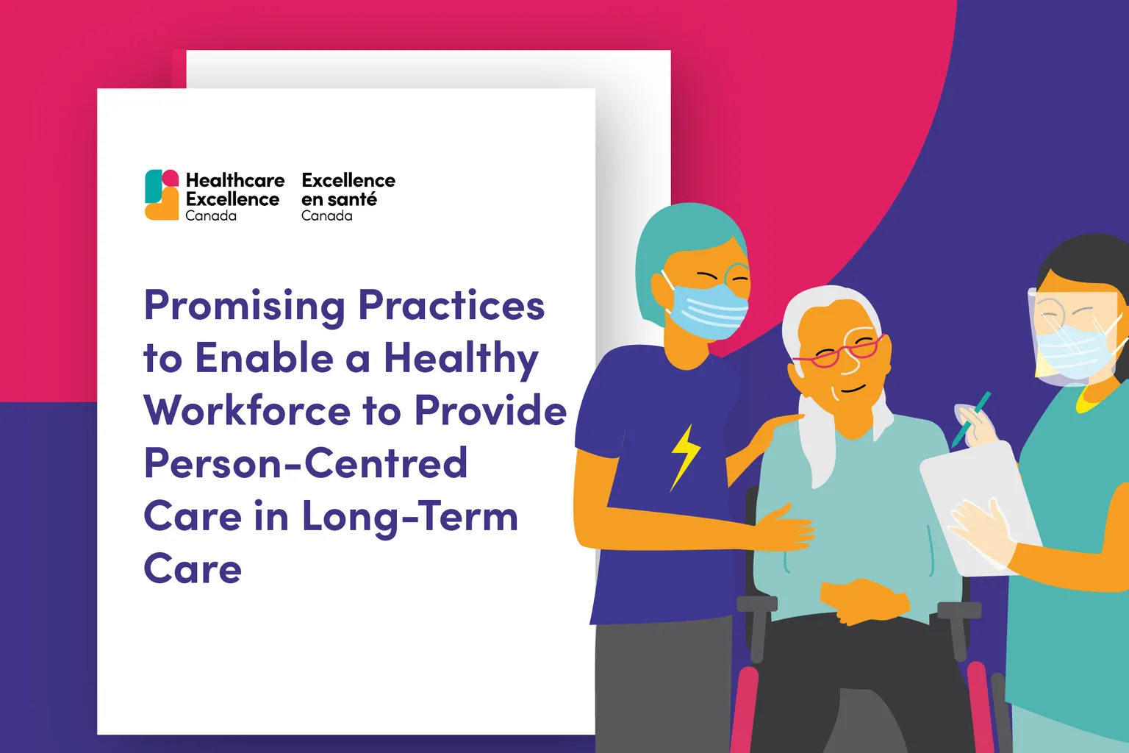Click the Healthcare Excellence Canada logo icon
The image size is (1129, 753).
[162, 195]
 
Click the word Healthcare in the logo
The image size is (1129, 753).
[235, 180]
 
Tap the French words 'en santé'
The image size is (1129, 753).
[339, 200]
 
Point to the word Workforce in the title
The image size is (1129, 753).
[247, 410]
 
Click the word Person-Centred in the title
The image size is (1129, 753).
[306, 463]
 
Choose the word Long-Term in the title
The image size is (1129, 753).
[409, 518]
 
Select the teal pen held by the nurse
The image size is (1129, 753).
[970, 419]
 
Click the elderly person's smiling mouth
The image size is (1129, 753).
[853, 389]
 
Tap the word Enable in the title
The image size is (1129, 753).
[264, 358]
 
